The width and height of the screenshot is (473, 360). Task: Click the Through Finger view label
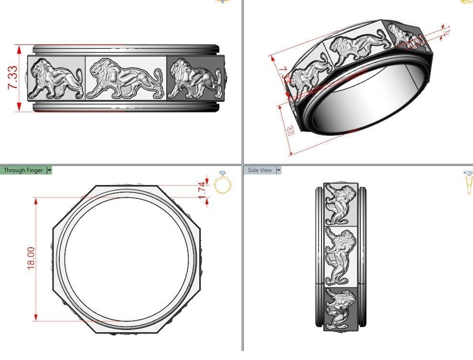(23, 170)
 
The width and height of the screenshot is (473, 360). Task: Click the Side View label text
(259, 170)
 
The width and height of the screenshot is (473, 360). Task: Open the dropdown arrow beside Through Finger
(49, 170)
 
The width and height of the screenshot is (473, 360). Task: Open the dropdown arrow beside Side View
(279, 170)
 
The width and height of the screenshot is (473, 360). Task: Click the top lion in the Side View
(341, 205)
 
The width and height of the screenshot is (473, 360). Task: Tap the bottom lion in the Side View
(341, 308)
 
